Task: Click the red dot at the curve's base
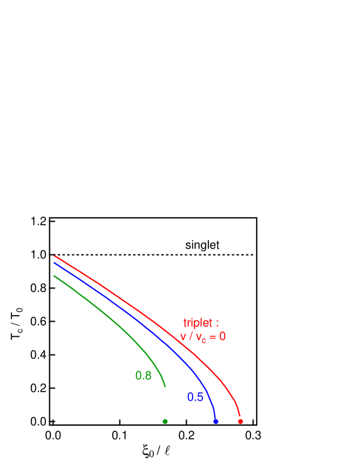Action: [240, 421]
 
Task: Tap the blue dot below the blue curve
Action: [216, 421]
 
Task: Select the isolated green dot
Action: [165, 421]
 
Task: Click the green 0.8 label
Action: [143, 376]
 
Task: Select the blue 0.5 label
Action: [195, 397]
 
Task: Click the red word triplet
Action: [198, 322]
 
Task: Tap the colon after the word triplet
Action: [217, 324]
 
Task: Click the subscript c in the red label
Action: [204, 340]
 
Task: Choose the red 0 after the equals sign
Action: [222, 337]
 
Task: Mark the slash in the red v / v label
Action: [190, 337]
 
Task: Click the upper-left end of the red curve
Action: [55, 256]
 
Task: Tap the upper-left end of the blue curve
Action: [55, 263]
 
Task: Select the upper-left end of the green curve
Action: [55, 276]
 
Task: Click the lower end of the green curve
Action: [165, 385]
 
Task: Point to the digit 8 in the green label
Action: [148, 376]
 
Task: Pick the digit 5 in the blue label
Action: [200, 397]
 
